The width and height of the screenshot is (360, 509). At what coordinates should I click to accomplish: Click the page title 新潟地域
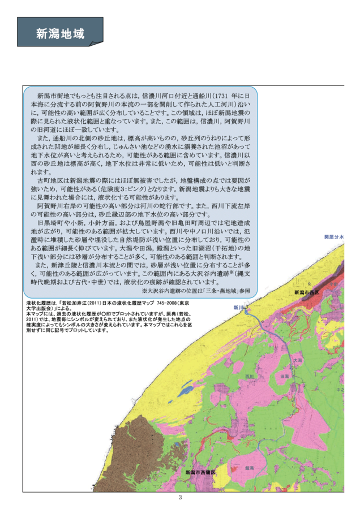[60, 33]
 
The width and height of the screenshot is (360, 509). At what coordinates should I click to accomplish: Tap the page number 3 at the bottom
[180, 498]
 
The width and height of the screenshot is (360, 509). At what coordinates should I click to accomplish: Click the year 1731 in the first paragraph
[224, 97]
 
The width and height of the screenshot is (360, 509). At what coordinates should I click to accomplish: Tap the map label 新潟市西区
[307, 292]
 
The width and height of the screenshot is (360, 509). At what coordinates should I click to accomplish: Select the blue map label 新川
[238, 307]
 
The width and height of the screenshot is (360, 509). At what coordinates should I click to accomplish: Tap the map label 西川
[250, 376]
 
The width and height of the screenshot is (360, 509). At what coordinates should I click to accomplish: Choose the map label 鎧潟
[250, 468]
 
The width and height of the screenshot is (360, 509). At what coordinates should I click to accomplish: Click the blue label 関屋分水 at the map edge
[333, 237]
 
